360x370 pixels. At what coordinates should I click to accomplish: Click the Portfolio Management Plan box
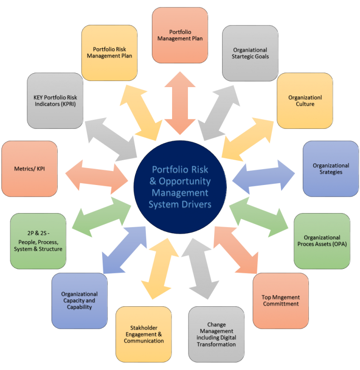coord(180,35)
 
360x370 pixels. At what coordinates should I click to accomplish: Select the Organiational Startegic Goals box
coord(250,53)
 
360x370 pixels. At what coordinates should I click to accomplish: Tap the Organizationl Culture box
coord(305,101)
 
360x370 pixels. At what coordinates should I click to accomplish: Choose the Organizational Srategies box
coord(330,169)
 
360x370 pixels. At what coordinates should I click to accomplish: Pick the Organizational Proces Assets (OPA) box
coord(322,241)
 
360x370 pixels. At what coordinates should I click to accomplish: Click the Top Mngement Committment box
coord(280,301)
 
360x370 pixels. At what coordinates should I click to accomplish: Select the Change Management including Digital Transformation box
coord(216,334)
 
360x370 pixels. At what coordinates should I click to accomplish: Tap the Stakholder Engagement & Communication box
coord(143,334)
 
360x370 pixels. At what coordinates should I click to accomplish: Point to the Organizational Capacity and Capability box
coord(79,301)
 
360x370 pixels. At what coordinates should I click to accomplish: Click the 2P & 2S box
coord(38,241)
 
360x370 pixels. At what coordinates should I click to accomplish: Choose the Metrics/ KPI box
coord(30,169)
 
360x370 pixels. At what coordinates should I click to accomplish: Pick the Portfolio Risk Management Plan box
coord(109,53)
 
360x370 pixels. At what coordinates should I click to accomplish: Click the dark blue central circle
coord(180,186)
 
